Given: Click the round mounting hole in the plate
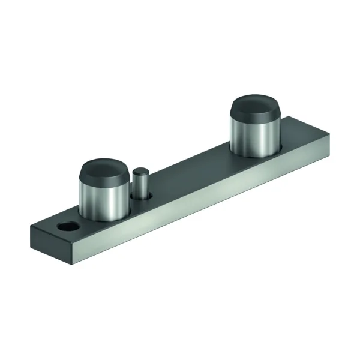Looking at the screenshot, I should point(67,227).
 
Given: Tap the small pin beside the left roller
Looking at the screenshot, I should point(142,184).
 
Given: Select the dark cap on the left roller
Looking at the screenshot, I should point(104,170).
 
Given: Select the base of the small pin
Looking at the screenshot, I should point(142,196).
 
